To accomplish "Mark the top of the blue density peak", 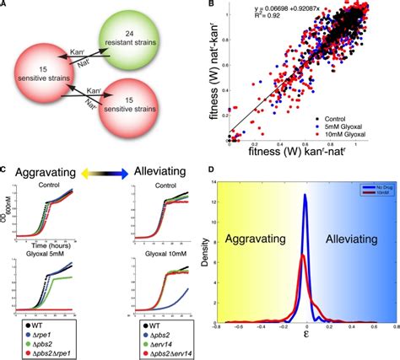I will pos(305,195).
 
